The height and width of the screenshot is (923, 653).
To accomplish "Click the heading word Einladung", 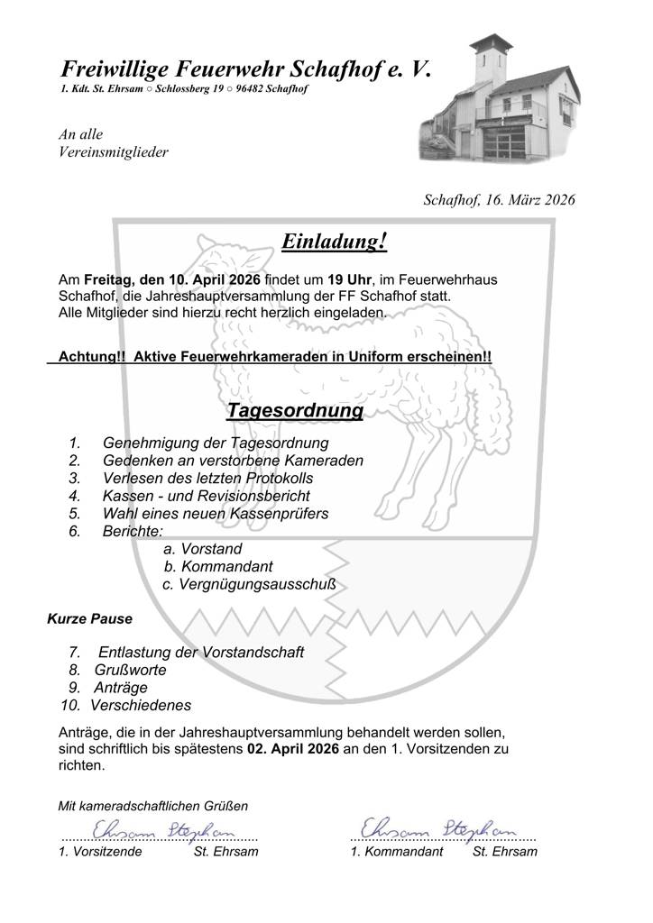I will (330, 242).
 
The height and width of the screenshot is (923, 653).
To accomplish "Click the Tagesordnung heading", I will (295, 411).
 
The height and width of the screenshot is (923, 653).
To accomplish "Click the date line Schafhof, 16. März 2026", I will (499, 200).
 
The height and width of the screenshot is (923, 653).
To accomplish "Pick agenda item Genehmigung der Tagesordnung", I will (216, 443).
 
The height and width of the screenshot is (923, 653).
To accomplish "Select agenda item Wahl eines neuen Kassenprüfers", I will (215, 514).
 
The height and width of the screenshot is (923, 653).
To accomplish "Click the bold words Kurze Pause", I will (89, 619).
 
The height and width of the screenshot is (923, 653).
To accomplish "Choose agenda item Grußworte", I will (131, 670).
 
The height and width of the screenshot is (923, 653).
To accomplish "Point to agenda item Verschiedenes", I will (141, 706).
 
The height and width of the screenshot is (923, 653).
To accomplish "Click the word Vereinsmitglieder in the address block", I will (112, 152).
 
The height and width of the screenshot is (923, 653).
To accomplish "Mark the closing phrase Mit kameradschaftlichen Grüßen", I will (152, 805).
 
